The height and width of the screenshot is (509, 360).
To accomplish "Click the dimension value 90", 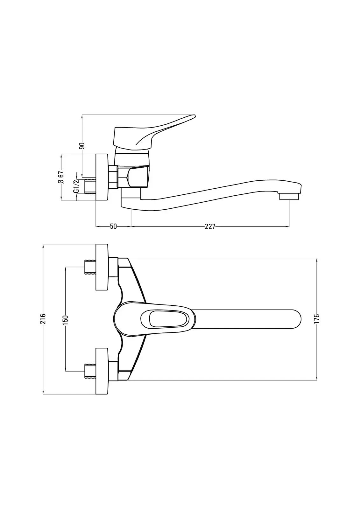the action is click(x=82, y=146).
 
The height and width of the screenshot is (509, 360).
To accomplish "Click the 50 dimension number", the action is click(x=113, y=227).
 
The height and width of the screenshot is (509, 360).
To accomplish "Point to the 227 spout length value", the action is click(x=210, y=227).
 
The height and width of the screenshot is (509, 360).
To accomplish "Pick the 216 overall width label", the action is click(x=43, y=319).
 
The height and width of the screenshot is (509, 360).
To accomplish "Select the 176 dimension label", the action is click(x=317, y=318).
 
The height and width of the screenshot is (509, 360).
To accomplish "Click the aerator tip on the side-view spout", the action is click(x=289, y=196).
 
